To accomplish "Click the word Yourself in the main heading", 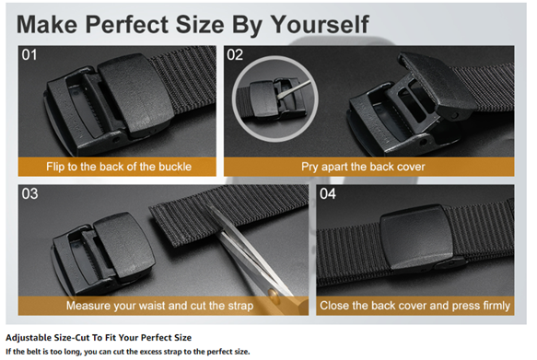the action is click(320, 25).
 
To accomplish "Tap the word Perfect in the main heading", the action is click(127, 25).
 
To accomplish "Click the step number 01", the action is click(29, 54).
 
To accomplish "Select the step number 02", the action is click(235, 54).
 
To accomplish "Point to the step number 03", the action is click(29, 194).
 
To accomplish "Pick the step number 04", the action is click(328, 194).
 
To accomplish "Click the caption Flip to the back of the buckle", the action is click(119, 167).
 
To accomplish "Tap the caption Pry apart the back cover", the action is click(363, 167).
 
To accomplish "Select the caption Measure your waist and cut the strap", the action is click(160, 306).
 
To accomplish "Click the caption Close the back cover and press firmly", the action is click(415, 306).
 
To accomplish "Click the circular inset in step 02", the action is click(275, 99).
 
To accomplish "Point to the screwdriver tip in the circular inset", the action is click(279, 98).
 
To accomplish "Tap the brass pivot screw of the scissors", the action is click(273, 294).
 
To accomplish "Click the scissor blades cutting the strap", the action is click(250, 253).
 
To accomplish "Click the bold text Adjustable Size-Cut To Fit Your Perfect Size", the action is click(99, 338).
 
